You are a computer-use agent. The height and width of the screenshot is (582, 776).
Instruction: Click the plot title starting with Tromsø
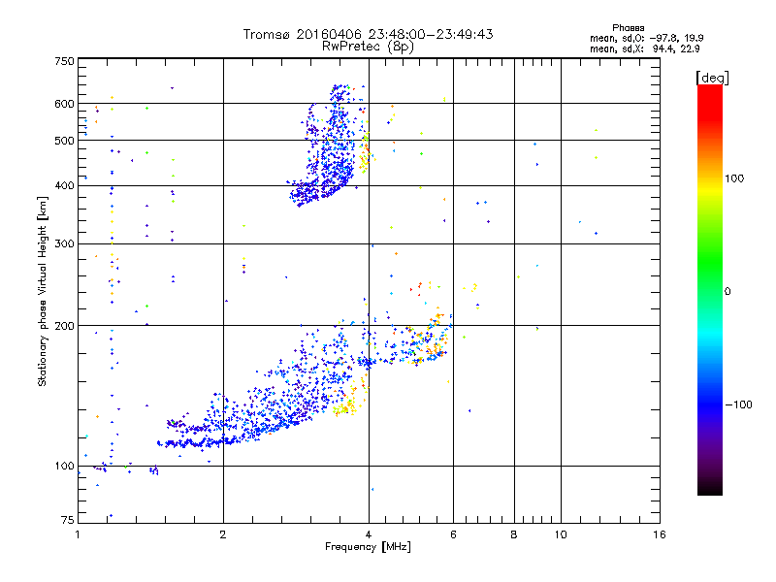(x=368, y=34)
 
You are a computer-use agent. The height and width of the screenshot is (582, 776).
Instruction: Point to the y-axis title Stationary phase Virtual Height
(x=43, y=292)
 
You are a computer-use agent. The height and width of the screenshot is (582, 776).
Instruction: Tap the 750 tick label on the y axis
(x=65, y=61)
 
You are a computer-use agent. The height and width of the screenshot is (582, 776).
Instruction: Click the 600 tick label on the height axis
(x=65, y=104)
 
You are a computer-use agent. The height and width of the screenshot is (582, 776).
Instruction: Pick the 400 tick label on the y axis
(x=65, y=186)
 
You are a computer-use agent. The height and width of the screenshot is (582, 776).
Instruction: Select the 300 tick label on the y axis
(x=65, y=243)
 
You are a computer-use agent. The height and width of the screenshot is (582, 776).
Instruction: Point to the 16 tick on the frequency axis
(x=659, y=534)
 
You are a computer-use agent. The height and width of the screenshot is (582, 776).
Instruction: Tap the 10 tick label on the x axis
(x=560, y=534)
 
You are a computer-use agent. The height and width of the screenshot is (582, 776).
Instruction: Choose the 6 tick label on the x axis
(x=453, y=534)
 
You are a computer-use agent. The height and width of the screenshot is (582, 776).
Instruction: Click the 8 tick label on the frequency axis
(x=514, y=534)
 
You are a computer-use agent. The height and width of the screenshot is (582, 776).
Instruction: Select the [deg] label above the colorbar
(x=712, y=77)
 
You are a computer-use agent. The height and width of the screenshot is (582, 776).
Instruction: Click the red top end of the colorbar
(x=709, y=90)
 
